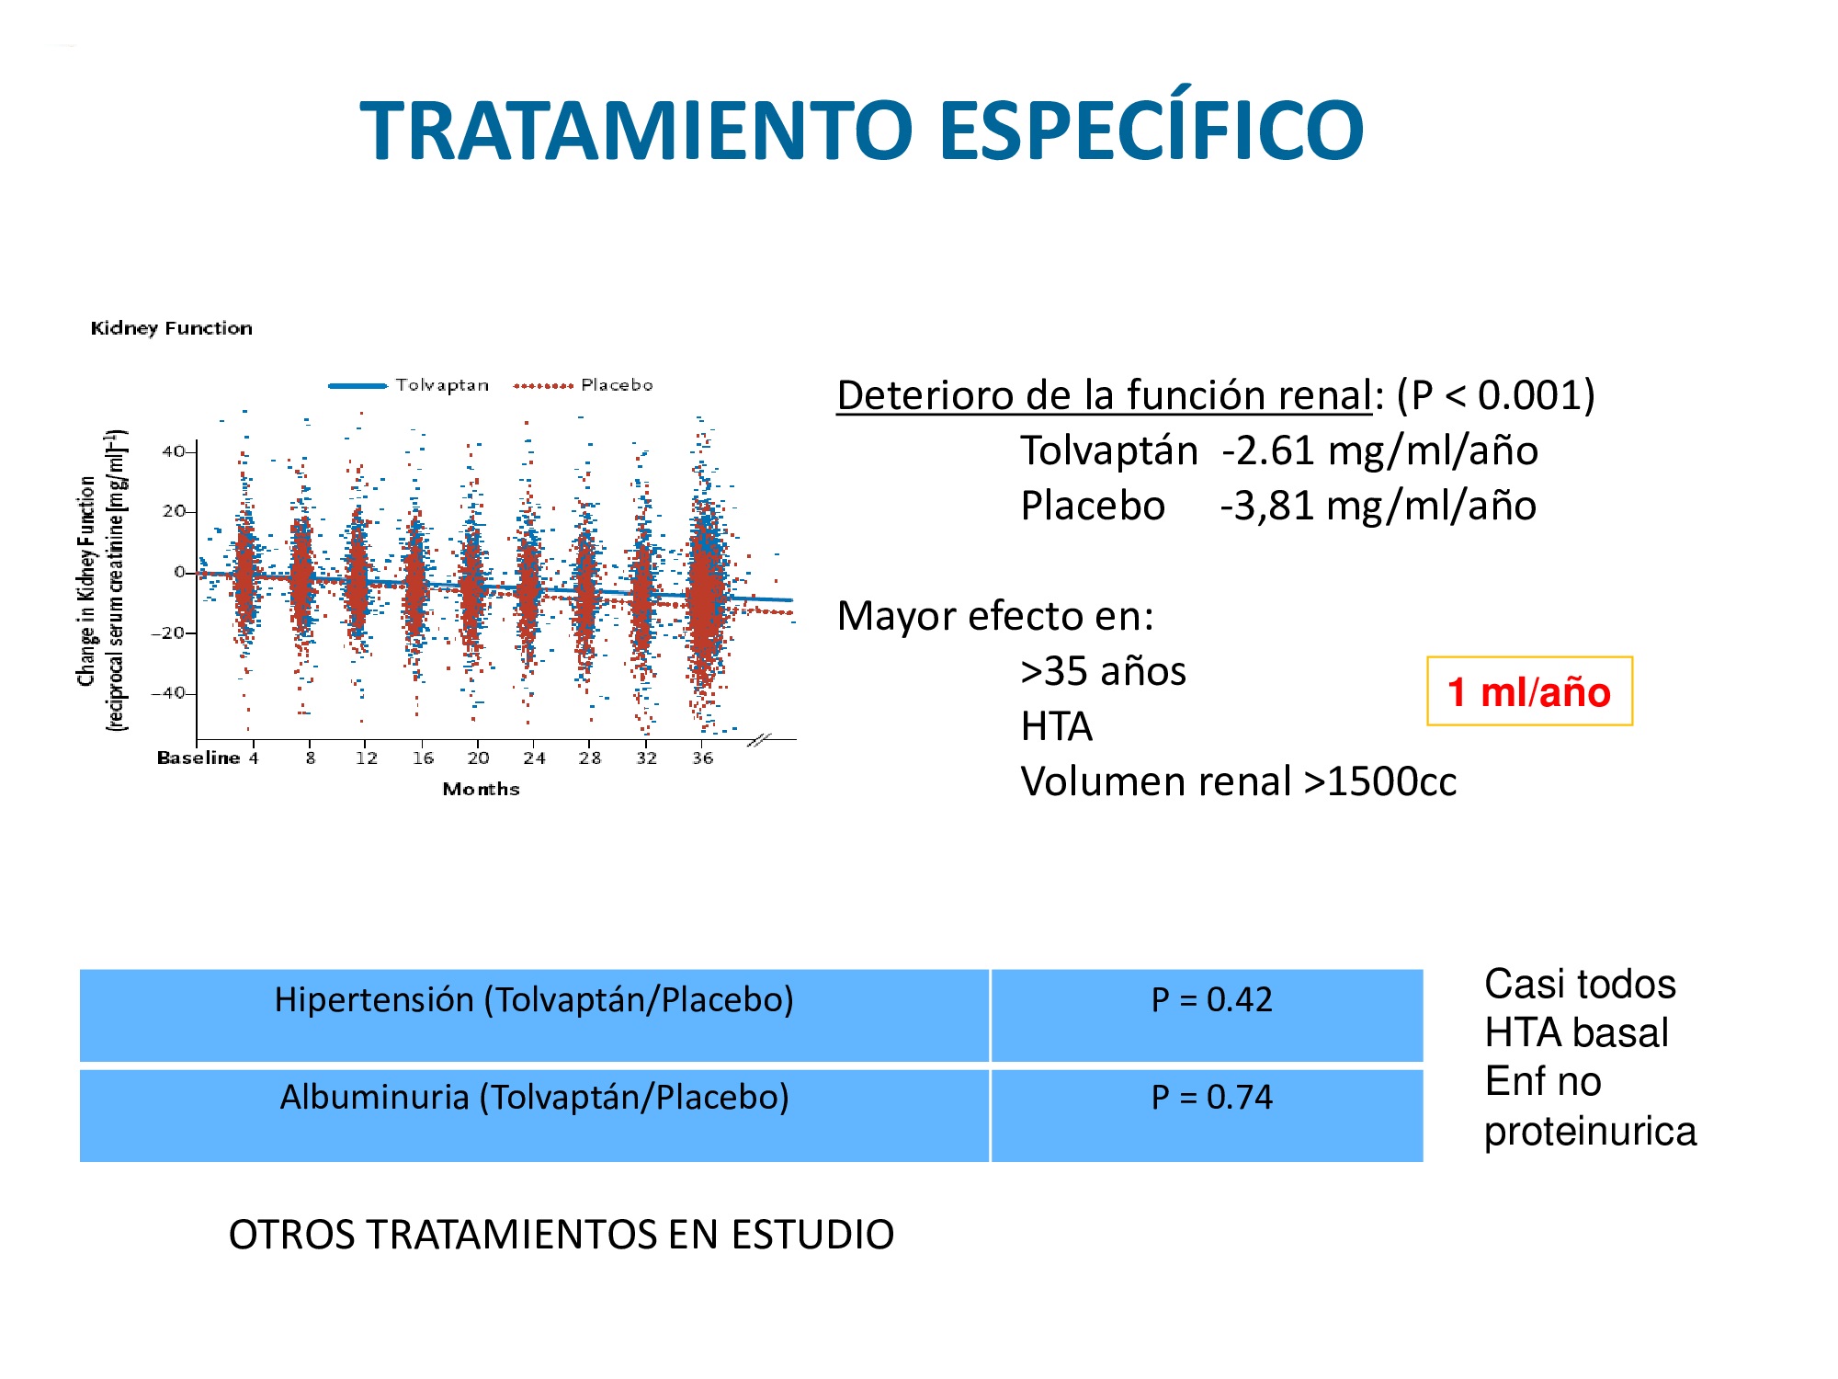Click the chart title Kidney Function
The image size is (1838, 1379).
[x=171, y=328]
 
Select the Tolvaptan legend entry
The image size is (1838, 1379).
[x=409, y=385]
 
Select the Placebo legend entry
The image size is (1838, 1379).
[x=583, y=385]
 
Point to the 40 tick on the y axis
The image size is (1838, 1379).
[x=173, y=451]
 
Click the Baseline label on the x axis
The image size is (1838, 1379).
[x=199, y=758]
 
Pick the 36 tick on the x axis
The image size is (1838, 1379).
[x=703, y=758]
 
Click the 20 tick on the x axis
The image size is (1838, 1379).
[x=478, y=758]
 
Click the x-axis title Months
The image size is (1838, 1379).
[x=481, y=789]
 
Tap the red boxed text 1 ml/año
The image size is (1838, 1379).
[x=1529, y=691]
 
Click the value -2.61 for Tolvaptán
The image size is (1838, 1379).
[x=1268, y=450]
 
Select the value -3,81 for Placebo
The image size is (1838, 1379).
[x=1267, y=506]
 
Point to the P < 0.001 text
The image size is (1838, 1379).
[x=1496, y=395]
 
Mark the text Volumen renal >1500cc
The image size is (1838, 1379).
[x=1239, y=782]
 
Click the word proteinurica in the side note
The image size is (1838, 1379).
[x=1590, y=1132]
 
